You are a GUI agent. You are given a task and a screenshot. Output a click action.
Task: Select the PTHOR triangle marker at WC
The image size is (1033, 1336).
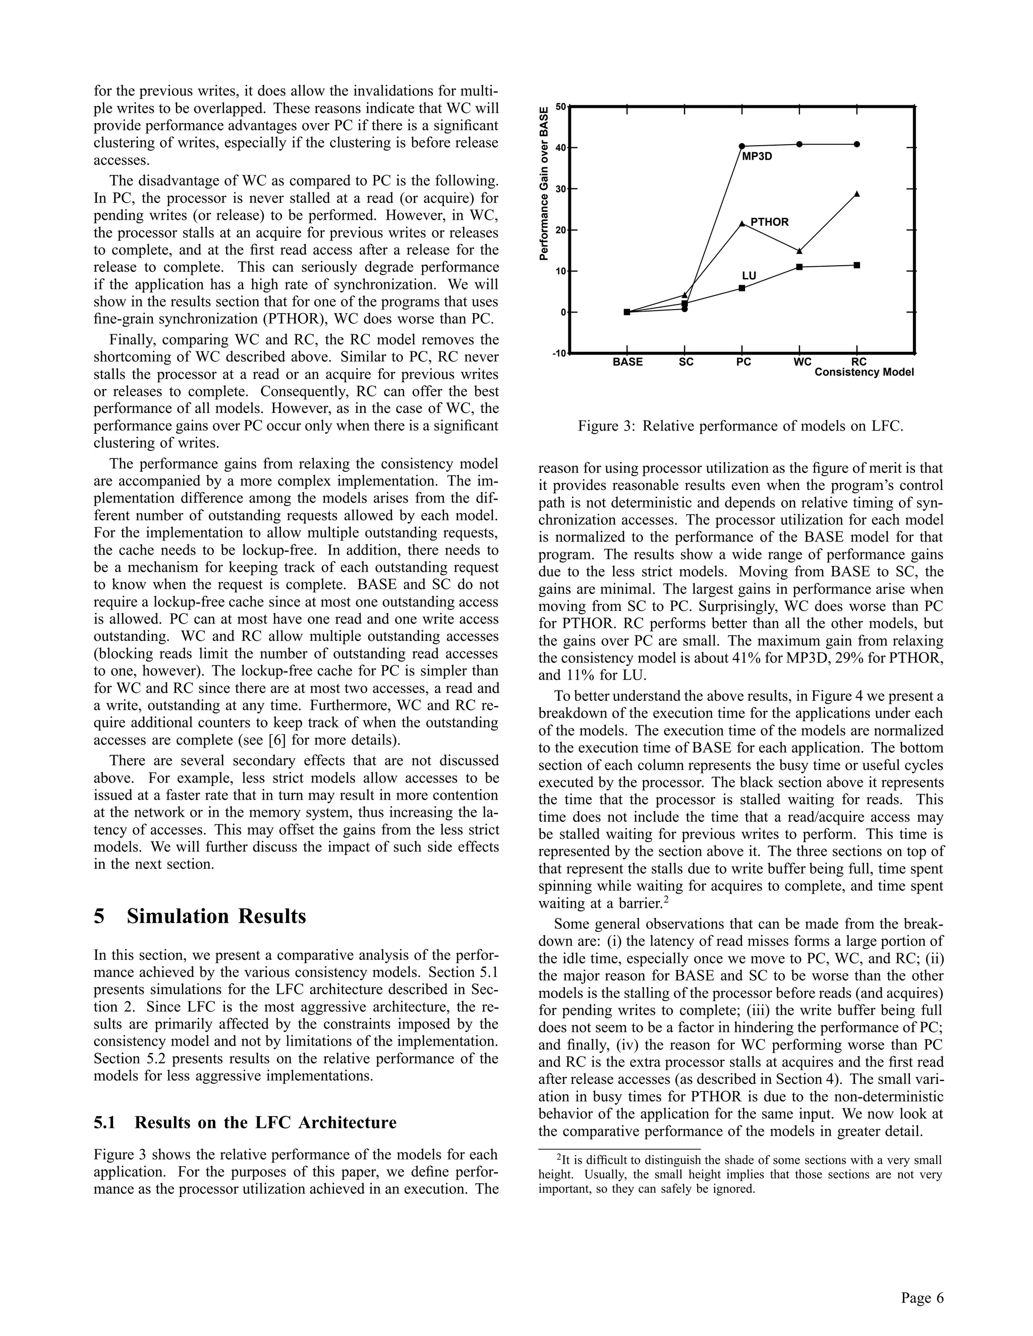799,251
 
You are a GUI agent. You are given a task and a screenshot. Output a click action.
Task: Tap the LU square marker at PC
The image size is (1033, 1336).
741,287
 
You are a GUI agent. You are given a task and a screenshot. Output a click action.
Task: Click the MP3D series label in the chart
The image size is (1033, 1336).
757,157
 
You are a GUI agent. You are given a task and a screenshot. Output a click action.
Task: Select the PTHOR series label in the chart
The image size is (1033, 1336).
769,222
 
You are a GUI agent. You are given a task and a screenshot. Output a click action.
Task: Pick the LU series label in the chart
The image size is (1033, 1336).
749,276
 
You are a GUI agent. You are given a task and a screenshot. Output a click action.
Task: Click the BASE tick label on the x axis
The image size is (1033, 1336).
627,362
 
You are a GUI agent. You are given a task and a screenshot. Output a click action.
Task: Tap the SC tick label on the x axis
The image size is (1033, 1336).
686,362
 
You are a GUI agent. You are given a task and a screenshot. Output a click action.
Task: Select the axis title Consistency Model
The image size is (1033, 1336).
864,372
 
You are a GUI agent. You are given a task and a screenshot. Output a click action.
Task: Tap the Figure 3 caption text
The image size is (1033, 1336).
740,426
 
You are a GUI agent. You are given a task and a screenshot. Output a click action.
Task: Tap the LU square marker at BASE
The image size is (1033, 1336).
626,312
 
